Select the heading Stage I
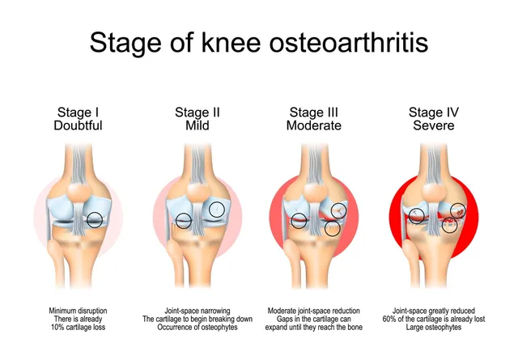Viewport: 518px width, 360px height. [79, 112]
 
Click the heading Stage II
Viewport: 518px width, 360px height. [197, 112]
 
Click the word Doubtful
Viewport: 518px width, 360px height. [79, 126]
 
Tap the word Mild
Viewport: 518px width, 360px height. [197, 126]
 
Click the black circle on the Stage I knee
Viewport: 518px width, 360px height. [96, 219]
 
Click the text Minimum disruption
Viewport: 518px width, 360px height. [79, 311]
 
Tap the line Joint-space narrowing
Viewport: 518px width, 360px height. [197, 311]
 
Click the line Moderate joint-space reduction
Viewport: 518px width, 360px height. [315, 311]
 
